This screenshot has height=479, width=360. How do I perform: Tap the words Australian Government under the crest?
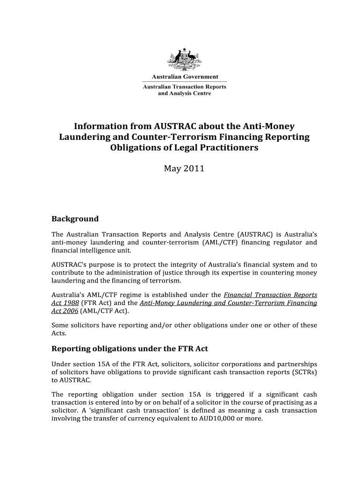tap(184, 77)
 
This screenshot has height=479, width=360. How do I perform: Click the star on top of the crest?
tap(184, 49)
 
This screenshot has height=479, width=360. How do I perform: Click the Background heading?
tap(75, 219)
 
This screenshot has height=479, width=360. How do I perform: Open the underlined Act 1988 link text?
tap(65, 303)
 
